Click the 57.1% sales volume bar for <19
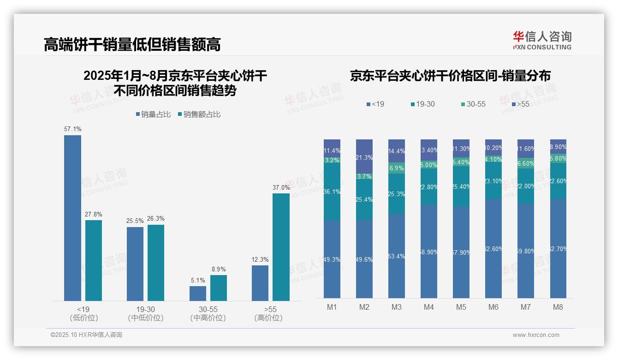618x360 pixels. [72, 218]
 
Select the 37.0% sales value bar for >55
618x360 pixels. [281, 247]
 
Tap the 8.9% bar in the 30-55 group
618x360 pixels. [219, 288]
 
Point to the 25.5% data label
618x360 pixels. [135, 221]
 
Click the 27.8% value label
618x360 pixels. [94, 214]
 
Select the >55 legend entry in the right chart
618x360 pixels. [520, 104]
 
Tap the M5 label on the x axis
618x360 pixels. [461, 307]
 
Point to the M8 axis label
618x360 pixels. [558, 307]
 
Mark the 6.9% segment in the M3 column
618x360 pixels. [397, 168]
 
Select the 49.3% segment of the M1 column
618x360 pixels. [332, 259]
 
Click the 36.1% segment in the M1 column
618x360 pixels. [332, 192]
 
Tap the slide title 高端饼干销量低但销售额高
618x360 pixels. [132, 44]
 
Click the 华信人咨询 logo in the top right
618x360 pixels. [542, 40]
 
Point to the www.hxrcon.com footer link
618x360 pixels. [536, 335]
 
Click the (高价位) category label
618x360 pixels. [268, 318]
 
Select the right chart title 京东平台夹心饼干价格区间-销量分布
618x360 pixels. [450, 76]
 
